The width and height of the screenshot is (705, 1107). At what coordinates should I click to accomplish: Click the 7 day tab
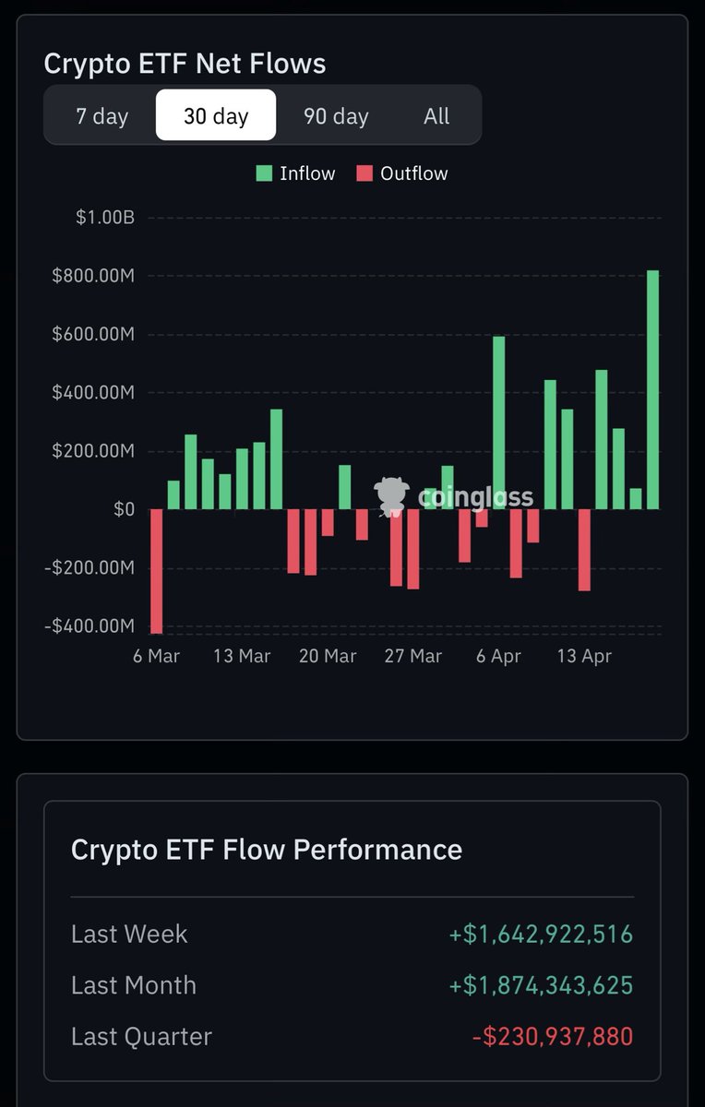coord(102,116)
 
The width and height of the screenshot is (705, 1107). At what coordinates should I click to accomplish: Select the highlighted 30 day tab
coord(216,116)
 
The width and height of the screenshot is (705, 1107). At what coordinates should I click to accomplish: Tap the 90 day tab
coord(336,116)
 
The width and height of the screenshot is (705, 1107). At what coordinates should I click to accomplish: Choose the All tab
coord(436,116)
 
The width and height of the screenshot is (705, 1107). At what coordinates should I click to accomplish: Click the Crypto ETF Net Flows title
coord(185,64)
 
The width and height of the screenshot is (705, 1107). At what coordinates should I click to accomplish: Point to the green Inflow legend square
coord(265,173)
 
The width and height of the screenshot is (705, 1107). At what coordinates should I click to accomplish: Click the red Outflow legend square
coord(364,173)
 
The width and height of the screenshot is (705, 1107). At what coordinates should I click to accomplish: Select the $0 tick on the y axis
coord(124,509)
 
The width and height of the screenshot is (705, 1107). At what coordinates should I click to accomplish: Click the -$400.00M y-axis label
coord(90,626)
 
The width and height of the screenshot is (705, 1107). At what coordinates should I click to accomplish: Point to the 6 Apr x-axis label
coord(498,656)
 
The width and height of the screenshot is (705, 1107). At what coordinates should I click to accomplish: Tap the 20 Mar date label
coord(328,656)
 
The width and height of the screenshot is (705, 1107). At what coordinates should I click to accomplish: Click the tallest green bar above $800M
coord(652,389)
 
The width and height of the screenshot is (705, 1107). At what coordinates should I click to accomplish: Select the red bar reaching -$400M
coord(156,570)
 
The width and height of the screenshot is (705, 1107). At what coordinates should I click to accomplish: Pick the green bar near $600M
coord(498,423)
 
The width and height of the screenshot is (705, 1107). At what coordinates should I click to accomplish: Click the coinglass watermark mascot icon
coord(391,495)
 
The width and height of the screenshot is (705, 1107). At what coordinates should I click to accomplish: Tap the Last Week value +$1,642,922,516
coord(541,934)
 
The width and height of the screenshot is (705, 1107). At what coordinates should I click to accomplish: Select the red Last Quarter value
coord(553,1036)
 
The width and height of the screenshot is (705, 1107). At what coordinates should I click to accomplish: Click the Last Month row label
coord(134,985)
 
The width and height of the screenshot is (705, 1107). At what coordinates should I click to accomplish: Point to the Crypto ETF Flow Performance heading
coord(266,849)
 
